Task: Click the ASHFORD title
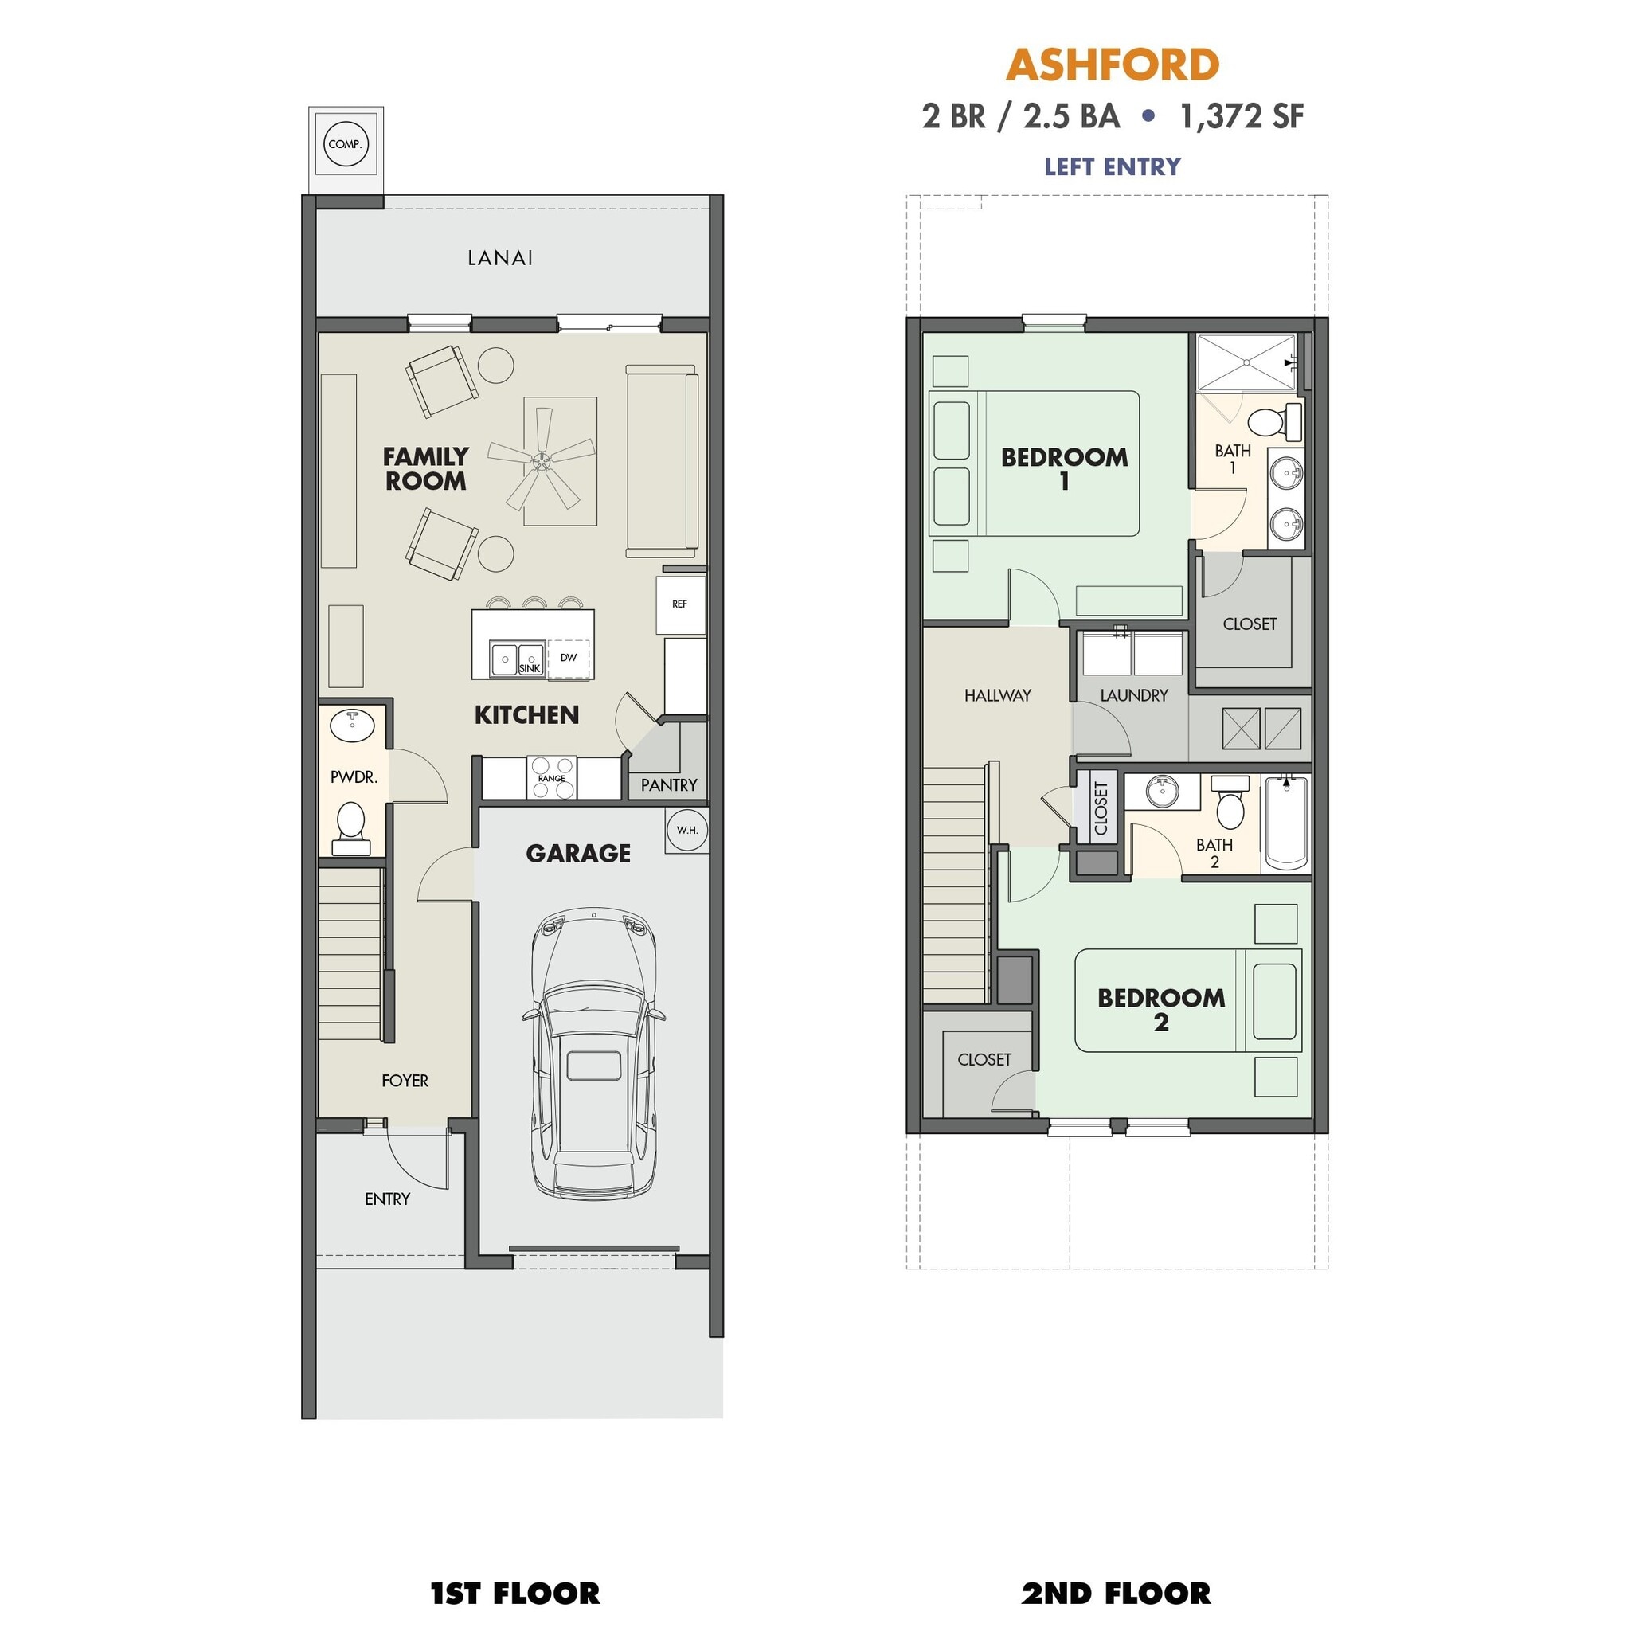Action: tap(1112, 65)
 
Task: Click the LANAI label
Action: tap(500, 258)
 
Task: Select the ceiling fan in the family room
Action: tap(541, 461)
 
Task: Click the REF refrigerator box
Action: tap(679, 604)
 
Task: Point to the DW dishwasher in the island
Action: tap(568, 658)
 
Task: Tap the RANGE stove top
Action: tap(551, 777)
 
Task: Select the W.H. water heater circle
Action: tap(686, 830)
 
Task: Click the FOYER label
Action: tap(405, 1081)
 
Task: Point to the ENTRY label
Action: tap(388, 1199)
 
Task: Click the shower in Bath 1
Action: tap(1246, 362)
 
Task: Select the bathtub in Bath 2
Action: tap(1285, 823)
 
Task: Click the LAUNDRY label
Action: tap(1134, 695)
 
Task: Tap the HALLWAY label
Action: tap(997, 695)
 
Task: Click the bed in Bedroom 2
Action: tap(1187, 1000)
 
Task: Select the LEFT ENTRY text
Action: tap(1112, 166)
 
